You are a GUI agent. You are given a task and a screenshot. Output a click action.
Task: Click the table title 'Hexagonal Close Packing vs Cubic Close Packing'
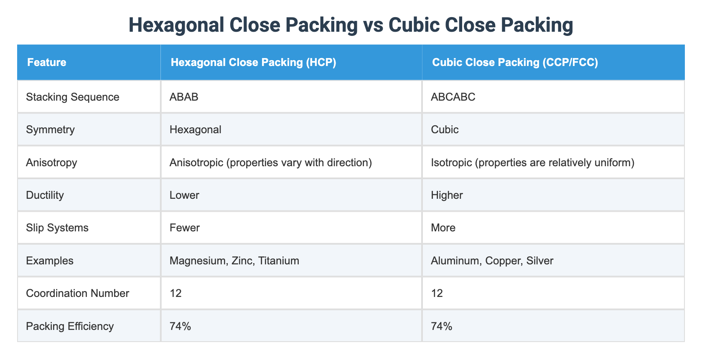pyautogui.click(x=351, y=25)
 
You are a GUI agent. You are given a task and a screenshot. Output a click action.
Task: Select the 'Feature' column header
pyautogui.click(x=47, y=63)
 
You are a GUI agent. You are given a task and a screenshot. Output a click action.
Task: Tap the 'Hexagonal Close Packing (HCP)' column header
pyautogui.click(x=254, y=63)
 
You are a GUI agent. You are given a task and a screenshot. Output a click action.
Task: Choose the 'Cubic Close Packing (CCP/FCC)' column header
pyautogui.click(x=515, y=63)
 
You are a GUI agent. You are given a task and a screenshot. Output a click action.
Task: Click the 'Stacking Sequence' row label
pyautogui.click(x=73, y=97)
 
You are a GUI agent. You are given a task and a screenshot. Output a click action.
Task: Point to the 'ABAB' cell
pyautogui.click(x=184, y=97)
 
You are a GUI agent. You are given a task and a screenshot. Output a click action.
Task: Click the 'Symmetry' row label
pyautogui.click(x=50, y=129)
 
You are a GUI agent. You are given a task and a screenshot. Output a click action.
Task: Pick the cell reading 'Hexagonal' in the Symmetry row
pyautogui.click(x=196, y=129)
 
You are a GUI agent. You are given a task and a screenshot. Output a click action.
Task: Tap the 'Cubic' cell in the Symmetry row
pyautogui.click(x=445, y=129)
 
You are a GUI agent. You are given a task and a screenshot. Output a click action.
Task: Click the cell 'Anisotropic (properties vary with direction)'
pyautogui.click(x=271, y=162)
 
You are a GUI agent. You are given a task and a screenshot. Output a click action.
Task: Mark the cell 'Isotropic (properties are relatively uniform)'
pyautogui.click(x=532, y=162)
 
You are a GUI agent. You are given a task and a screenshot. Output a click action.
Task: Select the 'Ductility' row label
pyautogui.click(x=45, y=195)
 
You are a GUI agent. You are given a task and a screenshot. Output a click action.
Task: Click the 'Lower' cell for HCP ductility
pyautogui.click(x=184, y=195)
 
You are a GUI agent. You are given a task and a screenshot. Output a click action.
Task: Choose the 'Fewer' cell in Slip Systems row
pyautogui.click(x=185, y=228)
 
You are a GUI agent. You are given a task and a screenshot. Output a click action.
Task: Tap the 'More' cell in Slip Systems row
pyautogui.click(x=443, y=228)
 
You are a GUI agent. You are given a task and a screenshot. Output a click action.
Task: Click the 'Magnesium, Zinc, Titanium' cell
pyautogui.click(x=234, y=261)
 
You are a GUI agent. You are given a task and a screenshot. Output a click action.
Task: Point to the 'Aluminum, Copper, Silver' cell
pyautogui.click(x=492, y=261)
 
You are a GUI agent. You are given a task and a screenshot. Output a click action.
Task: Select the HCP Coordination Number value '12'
pyautogui.click(x=175, y=293)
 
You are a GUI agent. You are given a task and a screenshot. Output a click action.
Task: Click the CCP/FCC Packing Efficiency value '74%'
pyautogui.click(x=441, y=326)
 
